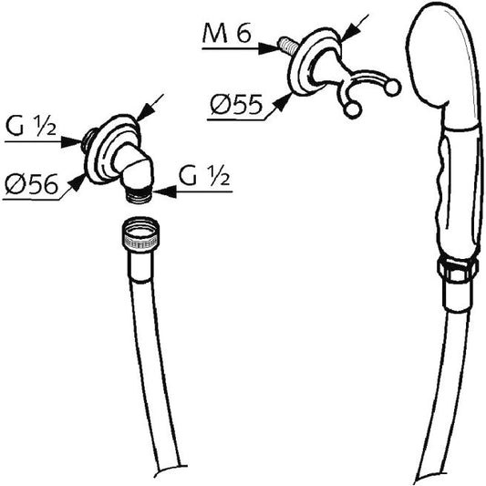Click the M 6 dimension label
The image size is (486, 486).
coord(226,33)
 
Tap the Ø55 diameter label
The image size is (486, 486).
coord(236,105)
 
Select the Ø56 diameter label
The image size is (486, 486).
coord(31,184)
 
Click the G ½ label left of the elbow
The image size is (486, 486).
coord(31,127)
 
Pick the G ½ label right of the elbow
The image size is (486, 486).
coord(204,177)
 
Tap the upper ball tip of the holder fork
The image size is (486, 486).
coord(392,88)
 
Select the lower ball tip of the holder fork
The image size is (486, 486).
coord(353,110)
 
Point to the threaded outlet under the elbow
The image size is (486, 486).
coord(139,195)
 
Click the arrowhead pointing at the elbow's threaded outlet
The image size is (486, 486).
coord(163,192)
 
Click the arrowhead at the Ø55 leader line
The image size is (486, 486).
coord(283,101)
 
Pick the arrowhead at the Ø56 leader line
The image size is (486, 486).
coord(78,183)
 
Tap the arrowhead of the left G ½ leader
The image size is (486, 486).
coord(72,142)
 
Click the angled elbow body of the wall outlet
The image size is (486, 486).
coord(134,167)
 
